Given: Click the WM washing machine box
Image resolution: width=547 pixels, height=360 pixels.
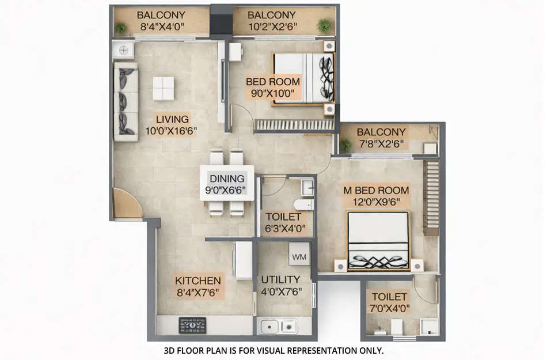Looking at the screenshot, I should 299,256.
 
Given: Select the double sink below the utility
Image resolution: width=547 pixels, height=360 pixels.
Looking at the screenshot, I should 279,326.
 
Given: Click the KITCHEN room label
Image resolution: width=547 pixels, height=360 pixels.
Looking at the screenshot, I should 198,281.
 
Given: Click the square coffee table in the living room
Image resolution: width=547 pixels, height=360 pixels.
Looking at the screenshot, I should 164,88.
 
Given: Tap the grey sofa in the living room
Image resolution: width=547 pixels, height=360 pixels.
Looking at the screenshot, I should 126,102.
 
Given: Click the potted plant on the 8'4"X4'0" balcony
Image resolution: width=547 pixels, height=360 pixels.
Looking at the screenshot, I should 121,27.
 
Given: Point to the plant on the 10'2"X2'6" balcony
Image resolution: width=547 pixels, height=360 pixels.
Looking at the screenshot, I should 324,25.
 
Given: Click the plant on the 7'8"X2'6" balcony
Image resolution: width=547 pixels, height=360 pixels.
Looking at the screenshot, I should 345,145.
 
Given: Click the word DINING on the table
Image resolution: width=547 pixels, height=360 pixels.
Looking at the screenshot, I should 227,179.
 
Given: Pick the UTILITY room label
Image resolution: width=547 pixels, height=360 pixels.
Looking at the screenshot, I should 281,280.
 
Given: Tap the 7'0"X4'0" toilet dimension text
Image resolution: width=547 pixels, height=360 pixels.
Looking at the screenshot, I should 390,308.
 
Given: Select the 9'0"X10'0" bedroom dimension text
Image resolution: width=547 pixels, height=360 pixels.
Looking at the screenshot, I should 273,93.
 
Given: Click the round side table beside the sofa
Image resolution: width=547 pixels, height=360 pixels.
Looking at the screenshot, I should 124,50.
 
